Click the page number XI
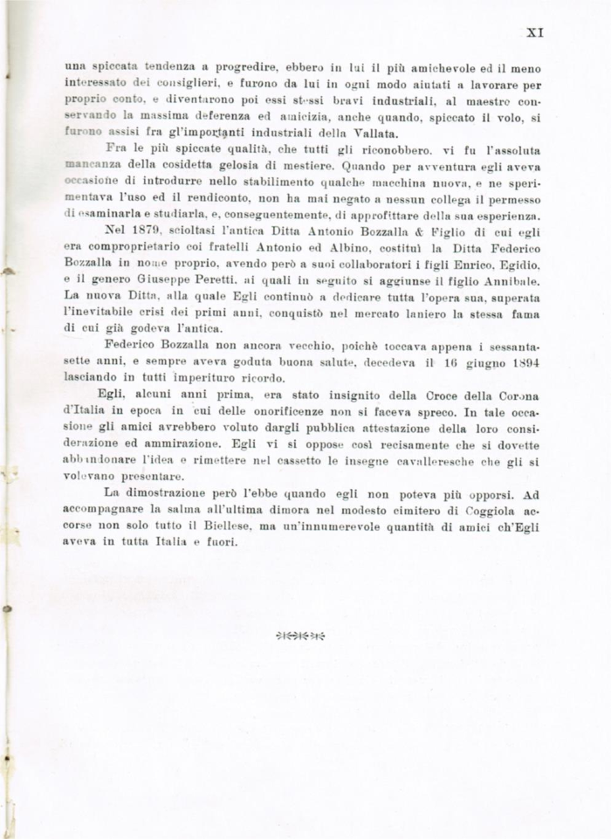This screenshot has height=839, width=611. point(536,32)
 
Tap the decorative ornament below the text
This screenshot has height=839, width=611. point(300,635)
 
